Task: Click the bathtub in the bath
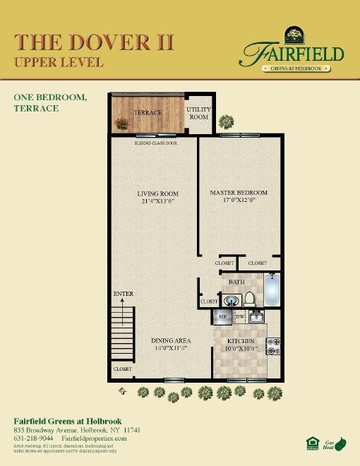click(x=272, y=289)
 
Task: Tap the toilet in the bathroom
click(x=249, y=299)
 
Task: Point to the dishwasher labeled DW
click(x=239, y=317)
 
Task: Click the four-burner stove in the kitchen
click(x=273, y=345)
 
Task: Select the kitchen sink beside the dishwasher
click(x=256, y=316)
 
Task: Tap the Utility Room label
click(x=198, y=113)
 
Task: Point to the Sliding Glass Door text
click(x=155, y=143)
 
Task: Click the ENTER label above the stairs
click(x=123, y=294)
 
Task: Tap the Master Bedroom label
click(x=239, y=193)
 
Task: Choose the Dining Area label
click(x=171, y=340)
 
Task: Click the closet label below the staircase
click(x=122, y=369)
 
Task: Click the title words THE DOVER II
click(x=93, y=42)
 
